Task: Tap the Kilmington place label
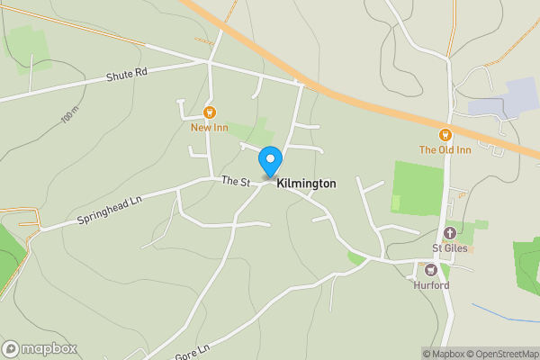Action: point(307,184)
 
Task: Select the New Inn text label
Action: point(209,128)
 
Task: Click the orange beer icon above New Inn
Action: point(210,112)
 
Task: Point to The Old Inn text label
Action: point(445,150)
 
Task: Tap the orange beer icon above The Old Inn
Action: point(444,135)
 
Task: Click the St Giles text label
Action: point(449,248)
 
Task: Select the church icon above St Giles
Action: point(449,234)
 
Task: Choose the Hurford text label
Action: point(431,285)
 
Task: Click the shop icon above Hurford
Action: point(431,270)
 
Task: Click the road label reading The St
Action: point(235,181)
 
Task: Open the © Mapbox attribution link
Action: point(444,354)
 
